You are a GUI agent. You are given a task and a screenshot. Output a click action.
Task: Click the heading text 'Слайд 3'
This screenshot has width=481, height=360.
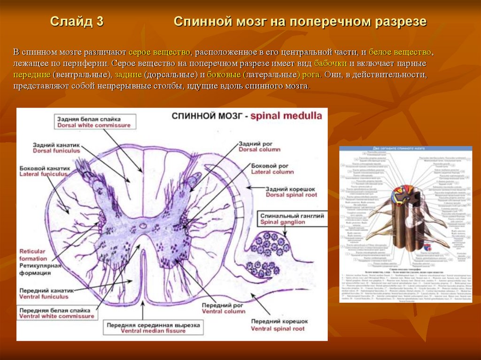click(x=77, y=22)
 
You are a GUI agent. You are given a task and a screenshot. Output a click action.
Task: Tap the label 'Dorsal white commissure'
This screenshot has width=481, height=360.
click(x=93, y=126)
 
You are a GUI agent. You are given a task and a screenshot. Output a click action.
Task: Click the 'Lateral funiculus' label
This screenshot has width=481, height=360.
click(x=44, y=174)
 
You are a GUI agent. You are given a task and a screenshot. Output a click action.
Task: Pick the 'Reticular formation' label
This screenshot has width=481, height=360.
click(x=33, y=255)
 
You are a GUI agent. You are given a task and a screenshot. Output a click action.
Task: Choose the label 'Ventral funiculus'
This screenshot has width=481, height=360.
click(x=47, y=297)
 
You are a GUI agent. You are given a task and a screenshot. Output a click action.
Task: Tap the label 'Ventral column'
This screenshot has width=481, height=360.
click(x=224, y=311)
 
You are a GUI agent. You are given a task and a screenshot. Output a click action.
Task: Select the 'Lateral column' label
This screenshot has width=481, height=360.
click(x=272, y=172)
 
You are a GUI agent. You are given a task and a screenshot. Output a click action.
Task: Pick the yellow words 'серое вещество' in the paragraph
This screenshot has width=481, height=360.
click(x=160, y=52)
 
